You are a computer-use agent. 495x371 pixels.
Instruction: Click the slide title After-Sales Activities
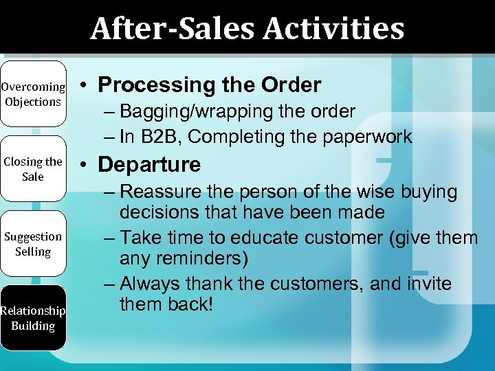click(247, 29)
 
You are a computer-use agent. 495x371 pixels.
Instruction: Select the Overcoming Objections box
click(33, 95)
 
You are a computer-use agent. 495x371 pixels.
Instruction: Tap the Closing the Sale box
click(33, 169)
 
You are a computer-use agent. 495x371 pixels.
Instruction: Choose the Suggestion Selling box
click(33, 244)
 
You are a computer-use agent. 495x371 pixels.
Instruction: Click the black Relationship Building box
click(33, 318)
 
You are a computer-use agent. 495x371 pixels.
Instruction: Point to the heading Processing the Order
click(209, 85)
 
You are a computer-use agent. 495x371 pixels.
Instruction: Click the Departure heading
click(149, 165)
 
